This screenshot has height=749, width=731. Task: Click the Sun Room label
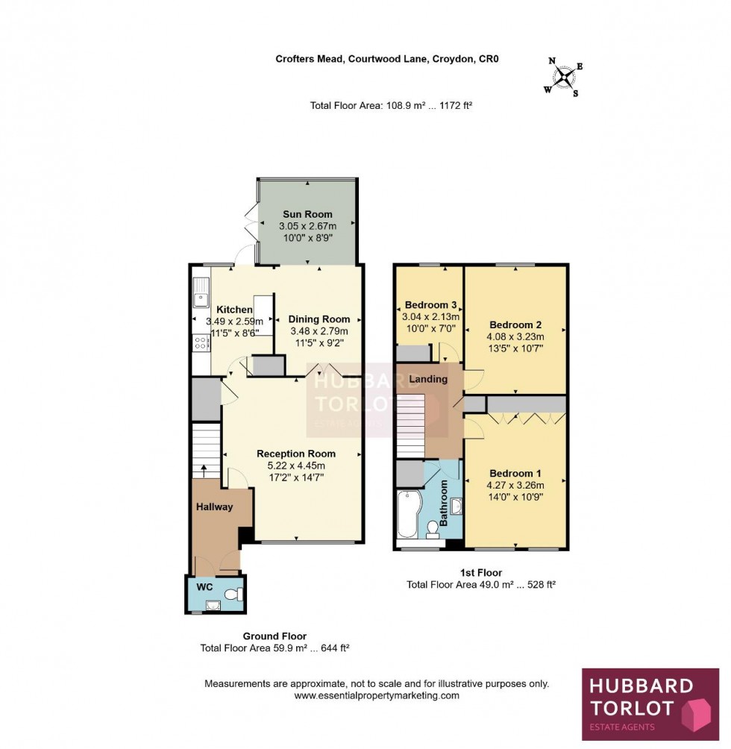307,214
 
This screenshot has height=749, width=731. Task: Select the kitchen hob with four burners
201,344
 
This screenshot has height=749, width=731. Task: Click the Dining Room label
319,319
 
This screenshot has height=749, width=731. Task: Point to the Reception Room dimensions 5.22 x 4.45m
296,466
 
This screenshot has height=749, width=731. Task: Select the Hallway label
215,507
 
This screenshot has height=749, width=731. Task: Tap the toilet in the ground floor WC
233,595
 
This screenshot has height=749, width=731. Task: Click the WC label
205,587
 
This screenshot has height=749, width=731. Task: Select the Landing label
428,379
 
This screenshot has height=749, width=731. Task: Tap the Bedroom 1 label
515,473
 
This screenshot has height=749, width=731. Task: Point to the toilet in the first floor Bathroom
432,530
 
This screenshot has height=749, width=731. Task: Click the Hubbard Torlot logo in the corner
650,703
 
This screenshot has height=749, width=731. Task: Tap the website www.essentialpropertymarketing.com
377,695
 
